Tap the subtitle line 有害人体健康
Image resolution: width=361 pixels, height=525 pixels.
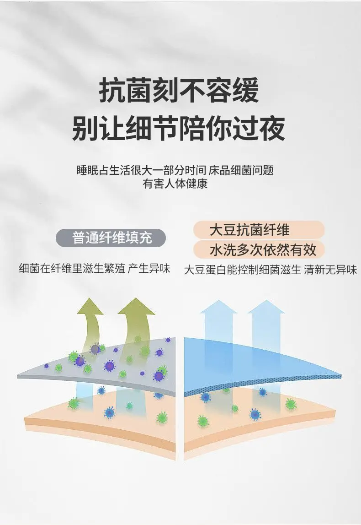click(175, 184)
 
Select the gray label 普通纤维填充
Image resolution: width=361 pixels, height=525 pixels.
click(111, 238)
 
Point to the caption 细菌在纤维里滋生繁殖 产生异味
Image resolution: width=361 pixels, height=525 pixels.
click(95, 268)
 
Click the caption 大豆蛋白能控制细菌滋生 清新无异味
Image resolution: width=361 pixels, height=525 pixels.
click(271, 270)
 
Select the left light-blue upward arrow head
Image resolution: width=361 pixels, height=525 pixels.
click(218, 307)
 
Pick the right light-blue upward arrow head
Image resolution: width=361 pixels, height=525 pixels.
click(266, 307)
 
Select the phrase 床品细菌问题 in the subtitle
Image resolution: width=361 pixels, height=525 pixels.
click(241, 170)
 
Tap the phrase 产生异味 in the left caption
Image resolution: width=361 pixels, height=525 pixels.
click(149, 268)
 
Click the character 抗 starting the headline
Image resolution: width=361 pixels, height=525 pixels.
click(112, 91)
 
